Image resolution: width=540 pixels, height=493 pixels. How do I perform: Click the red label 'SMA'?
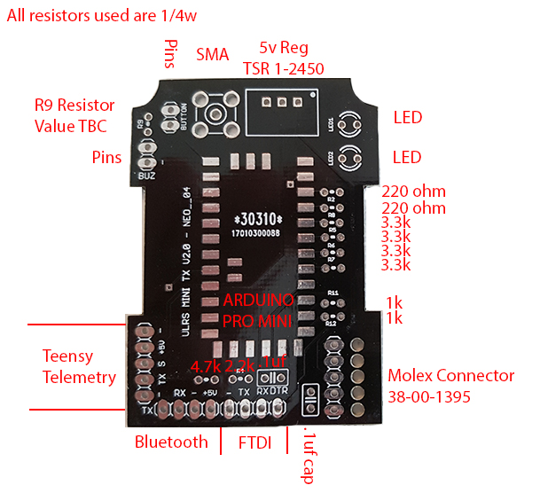(x=212, y=54)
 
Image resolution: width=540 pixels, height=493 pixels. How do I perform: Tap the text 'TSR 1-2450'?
(x=283, y=68)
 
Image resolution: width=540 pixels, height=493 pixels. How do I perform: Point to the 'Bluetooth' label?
(x=171, y=442)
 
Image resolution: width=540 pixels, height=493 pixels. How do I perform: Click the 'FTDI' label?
(x=255, y=442)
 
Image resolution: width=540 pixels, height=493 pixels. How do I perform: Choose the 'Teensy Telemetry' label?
(x=79, y=366)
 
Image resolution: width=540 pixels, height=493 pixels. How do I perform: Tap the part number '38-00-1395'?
(x=430, y=395)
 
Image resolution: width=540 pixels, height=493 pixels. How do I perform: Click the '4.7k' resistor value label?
(x=206, y=367)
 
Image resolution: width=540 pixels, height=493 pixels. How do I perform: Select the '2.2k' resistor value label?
(x=240, y=367)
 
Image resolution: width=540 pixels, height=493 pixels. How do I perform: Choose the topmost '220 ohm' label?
(x=413, y=191)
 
